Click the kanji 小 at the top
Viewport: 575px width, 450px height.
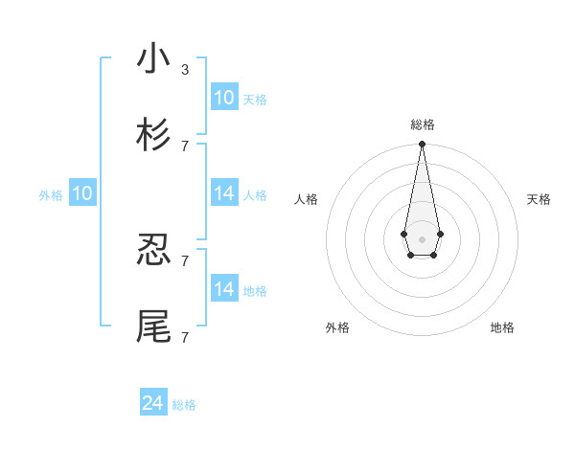click(153, 59)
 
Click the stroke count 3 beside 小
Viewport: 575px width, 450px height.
click(185, 70)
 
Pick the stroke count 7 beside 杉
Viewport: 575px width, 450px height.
click(185, 146)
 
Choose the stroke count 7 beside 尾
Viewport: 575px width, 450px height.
click(185, 337)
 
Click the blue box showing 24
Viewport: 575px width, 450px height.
click(153, 403)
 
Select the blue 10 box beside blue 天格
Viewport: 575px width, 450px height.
click(224, 98)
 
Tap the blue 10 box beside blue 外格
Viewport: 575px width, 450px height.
click(82, 193)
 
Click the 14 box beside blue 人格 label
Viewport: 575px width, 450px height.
click(224, 193)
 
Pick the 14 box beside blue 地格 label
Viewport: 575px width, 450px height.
click(224, 289)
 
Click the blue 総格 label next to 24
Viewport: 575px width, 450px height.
click(184, 405)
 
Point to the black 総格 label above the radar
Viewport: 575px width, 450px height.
click(422, 124)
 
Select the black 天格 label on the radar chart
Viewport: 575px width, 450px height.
click(540, 199)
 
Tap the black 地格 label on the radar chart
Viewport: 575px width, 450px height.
click(502, 327)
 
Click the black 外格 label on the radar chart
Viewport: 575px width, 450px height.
click(337, 327)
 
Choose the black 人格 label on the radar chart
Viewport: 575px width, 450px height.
click(306, 199)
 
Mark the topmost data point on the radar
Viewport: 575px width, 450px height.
click(422, 145)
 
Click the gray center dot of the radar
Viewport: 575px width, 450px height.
click(422, 237)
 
